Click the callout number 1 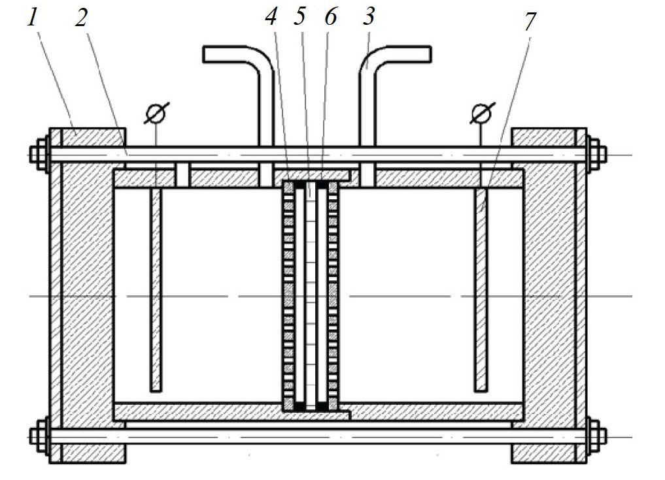click(33, 18)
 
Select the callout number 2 click(82, 18)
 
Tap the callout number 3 click(369, 17)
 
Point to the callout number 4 click(271, 17)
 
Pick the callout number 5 click(300, 17)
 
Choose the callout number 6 click(330, 17)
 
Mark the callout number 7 click(530, 21)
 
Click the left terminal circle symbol click(156, 113)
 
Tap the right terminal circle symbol click(482, 113)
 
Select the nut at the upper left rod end click(39, 153)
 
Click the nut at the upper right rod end click(596, 153)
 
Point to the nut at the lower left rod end click(39, 436)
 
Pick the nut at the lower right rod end click(596, 436)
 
